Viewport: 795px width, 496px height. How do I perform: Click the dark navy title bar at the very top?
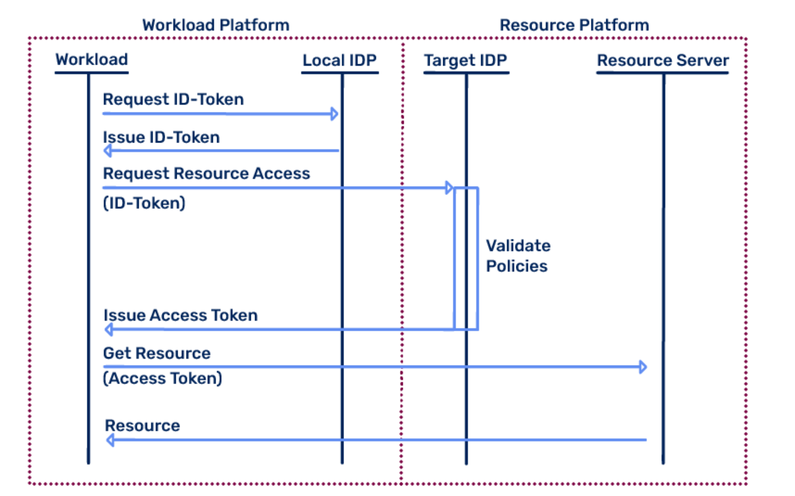[x=395, y=26]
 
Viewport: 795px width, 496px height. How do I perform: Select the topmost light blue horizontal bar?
[x=219, y=121]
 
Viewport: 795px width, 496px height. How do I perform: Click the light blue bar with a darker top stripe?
[x=221, y=156]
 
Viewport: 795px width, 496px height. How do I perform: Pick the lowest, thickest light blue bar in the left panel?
[x=222, y=457]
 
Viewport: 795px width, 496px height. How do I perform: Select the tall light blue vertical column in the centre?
[x=371, y=331]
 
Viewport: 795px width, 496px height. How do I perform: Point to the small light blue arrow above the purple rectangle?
[x=450, y=189]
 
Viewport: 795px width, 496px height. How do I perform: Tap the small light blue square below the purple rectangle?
[x=453, y=338]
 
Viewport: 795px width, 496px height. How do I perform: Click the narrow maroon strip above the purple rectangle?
[x=412, y=120]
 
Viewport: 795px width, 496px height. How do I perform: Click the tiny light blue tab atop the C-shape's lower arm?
[x=649, y=362]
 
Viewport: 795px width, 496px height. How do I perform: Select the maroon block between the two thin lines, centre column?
[x=431, y=404]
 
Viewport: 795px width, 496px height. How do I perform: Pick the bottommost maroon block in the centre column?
[x=431, y=462]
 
